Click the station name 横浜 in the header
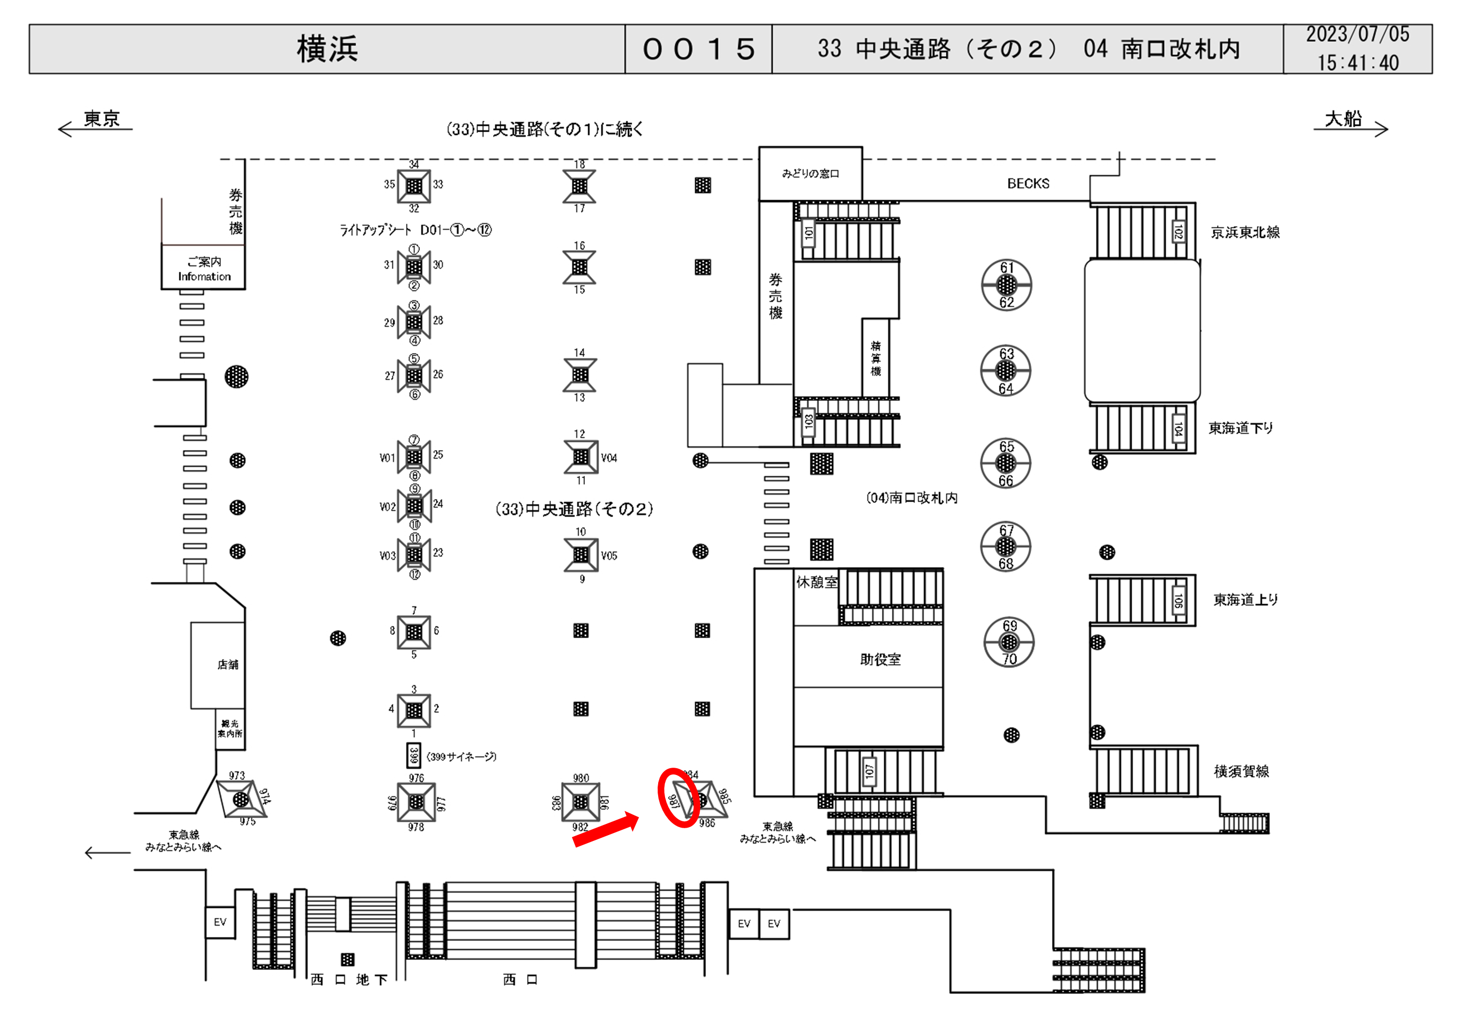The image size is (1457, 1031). [327, 49]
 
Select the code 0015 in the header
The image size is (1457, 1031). [698, 49]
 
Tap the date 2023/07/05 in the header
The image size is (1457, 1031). [1357, 35]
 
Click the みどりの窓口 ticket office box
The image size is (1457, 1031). [811, 173]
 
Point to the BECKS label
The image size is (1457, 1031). [1028, 184]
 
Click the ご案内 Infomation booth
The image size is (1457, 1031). [204, 269]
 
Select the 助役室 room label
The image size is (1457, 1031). [880, 659]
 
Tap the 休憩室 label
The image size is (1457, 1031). [817, 582]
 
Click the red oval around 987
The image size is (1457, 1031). [678, 797]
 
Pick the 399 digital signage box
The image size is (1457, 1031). [414, 755]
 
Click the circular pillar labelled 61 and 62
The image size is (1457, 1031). [1006, 285]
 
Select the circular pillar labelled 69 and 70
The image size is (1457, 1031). [1009, 642]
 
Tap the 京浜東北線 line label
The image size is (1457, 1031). [1245, 233]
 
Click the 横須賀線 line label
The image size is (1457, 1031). [1242, 771]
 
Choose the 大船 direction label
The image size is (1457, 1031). [1343, 119]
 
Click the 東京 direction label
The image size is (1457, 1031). [102, 119]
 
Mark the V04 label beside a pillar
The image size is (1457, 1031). [609, 458]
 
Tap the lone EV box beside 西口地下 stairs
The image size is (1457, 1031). [220, 922]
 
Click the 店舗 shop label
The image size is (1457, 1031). [228, 665]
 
